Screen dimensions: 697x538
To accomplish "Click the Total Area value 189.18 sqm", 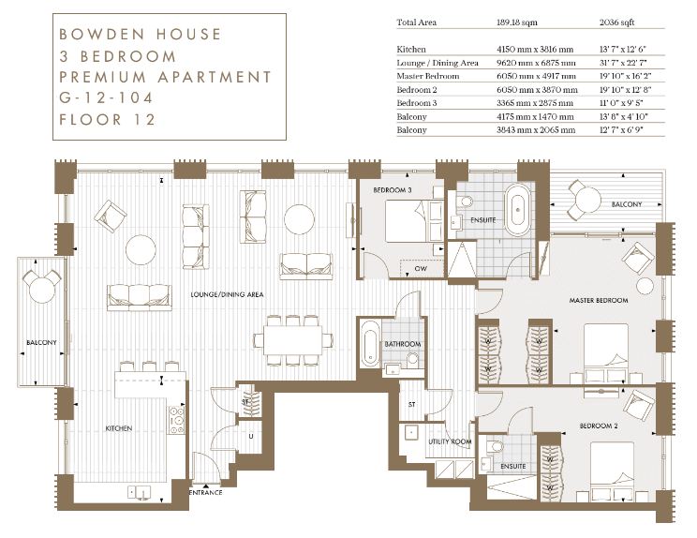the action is coord(516,22).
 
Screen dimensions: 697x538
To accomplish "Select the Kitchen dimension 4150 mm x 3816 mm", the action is coord(535,50).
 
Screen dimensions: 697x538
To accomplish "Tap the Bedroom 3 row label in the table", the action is coord(417,103).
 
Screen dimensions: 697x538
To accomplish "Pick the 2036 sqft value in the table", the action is coord(616,22).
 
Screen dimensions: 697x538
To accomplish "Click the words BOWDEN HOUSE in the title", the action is coord(140,35).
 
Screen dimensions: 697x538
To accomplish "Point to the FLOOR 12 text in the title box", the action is coord(107,120).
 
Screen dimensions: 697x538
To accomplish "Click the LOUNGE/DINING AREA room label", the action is coord(227,294).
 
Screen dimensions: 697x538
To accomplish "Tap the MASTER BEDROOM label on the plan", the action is coord(599,301).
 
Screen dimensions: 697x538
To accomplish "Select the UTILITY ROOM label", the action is coord(450,441).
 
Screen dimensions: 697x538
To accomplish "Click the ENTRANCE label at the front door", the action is coord(205,493).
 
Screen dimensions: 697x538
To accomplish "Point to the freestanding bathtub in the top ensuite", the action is coord(518,210).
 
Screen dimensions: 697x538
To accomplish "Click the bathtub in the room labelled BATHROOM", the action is coord(370,343).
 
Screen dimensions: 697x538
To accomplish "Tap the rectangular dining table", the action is coord(292,340).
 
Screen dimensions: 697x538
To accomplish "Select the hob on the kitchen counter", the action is coord(176,420).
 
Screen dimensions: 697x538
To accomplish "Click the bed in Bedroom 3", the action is coord(414,221).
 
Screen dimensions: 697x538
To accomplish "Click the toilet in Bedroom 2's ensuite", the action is coord(495,446).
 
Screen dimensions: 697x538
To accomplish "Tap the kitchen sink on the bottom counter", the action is coord(140,492).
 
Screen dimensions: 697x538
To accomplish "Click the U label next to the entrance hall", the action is coord(251,436).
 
